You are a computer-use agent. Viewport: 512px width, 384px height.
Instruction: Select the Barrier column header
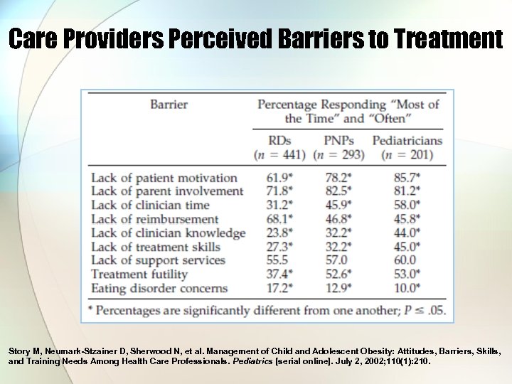point(169,105)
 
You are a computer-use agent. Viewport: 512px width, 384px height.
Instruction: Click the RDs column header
point(279,141)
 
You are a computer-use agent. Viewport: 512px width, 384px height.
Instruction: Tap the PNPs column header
point(338,141)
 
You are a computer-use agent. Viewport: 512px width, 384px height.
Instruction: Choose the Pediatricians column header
point(407,141)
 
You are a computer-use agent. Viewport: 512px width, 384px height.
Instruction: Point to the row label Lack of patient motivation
point(164,178)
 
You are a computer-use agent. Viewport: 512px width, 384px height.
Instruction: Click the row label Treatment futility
point(139,274)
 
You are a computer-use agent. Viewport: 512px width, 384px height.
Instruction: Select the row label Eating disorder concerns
point(159,289)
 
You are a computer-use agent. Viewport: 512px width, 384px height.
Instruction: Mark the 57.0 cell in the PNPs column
point(337,261)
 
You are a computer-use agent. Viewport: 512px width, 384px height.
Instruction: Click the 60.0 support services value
point(405,261)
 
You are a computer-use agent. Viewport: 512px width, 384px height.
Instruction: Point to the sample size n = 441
point(279,155)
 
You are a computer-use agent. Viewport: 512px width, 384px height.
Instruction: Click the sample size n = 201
point(407,155)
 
